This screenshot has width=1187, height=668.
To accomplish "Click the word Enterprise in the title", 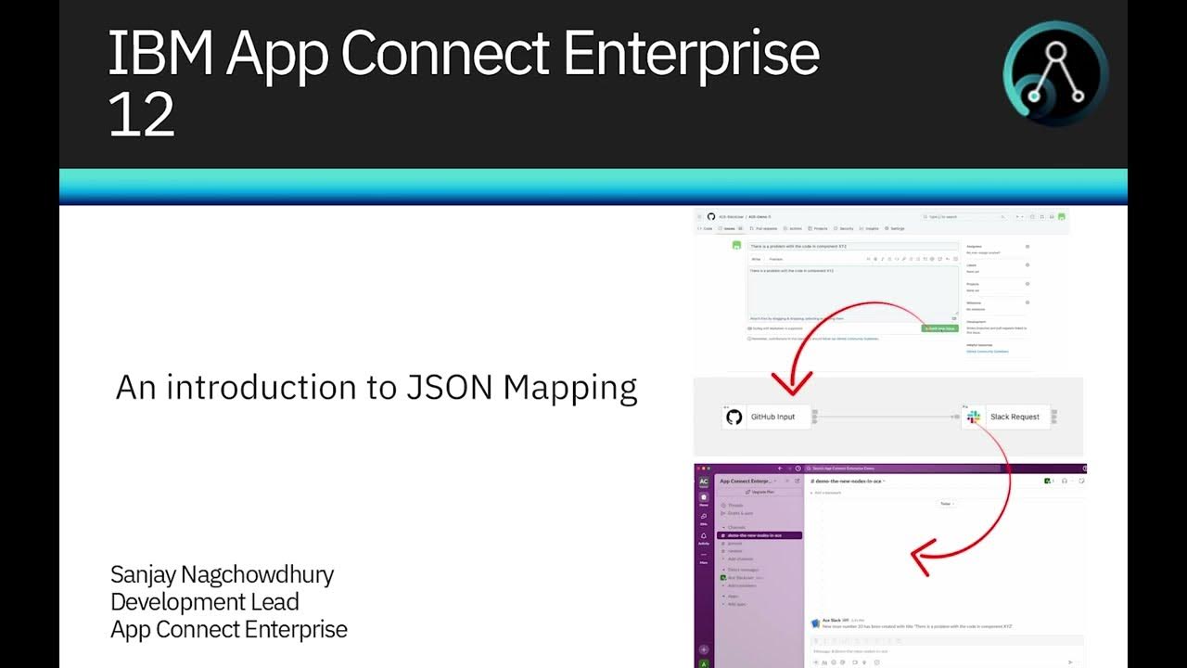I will [x=692, y=54].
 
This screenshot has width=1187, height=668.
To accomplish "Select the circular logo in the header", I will [x=1055, y=74].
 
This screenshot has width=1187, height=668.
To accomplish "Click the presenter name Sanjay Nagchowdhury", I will [x=222, y=574].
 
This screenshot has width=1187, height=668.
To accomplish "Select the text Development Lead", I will [x=204, y=601].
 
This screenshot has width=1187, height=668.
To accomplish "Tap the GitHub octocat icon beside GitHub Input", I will [x=734, y=417].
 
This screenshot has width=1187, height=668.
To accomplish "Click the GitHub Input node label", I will [x=772, y=417].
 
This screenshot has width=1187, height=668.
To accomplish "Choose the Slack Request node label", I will [x=1015, y=417].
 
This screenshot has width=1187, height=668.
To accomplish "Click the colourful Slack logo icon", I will [x=974, y=417].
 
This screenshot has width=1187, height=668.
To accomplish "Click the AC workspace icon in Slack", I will [x=704, y=482].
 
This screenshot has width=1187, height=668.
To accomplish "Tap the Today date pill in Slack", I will [x=946, y=503].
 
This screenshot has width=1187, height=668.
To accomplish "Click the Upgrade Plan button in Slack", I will [x=760, y=492].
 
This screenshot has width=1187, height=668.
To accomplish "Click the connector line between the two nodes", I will [x=886, y=417].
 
